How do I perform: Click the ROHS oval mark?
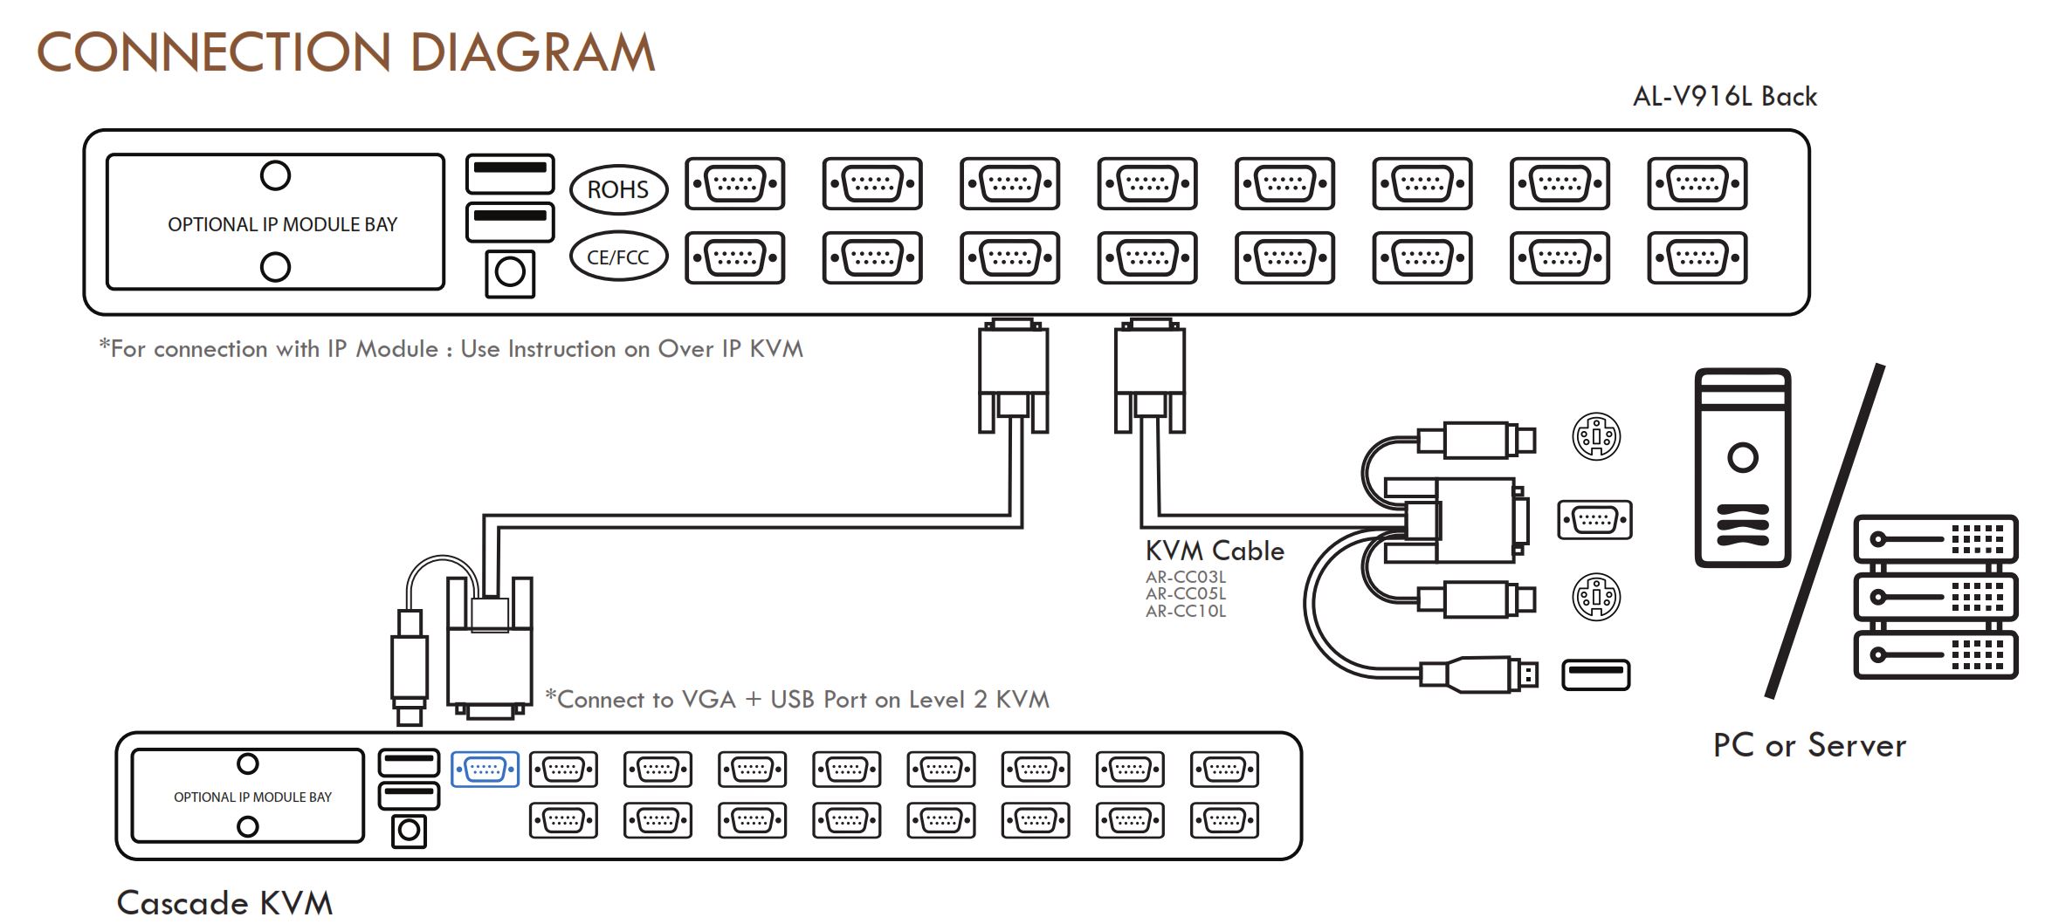coord(618,189)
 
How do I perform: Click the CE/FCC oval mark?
coord(618,257)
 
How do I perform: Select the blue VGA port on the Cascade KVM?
coord(485,770)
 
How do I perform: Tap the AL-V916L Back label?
coord(1725,96)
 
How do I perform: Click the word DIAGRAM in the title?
coord(532,52)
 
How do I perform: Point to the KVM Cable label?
coord(1215,551)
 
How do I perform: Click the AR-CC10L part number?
coord(1186,612)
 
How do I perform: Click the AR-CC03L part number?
coord(1186,577)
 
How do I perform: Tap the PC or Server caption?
coord(1809,745)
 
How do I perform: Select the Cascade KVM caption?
coord(224,902)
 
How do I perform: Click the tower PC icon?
coord(1743,468)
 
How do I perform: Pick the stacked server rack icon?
coord(1936,597)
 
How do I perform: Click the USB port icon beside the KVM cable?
coord(1595,674)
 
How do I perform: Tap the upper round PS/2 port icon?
coord(1596,436)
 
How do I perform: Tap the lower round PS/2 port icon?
coord(1596,598)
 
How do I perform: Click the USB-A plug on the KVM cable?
coord(1479,674)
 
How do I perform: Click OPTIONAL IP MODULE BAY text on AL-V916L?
coord(282,224)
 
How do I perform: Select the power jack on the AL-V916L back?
coord(510,273)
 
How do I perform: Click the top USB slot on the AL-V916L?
coord(510,174)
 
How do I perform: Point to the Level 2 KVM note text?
coord(796,699)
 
